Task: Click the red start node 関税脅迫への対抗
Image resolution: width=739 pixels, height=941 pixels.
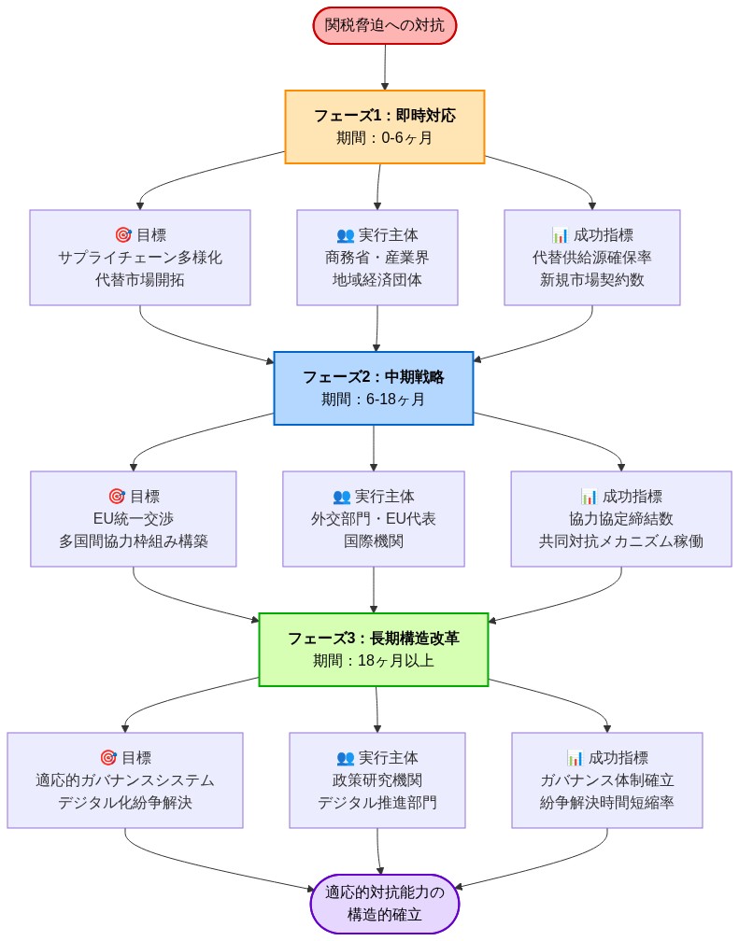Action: pos(384,25)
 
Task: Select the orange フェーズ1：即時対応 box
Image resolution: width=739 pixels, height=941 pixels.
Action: pos(384,127)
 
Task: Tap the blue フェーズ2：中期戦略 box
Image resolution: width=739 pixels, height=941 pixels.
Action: pos(373,388)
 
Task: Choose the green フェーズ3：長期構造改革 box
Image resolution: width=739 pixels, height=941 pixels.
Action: pos(373,650)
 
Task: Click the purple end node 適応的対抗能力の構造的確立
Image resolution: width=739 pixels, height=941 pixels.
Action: pos(384,904)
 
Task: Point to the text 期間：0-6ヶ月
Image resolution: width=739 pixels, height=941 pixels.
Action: pos(384,138)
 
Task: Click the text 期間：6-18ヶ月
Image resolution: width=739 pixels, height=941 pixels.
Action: pos(373,400)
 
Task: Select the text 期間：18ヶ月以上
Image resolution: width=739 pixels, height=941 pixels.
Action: pos(373,661)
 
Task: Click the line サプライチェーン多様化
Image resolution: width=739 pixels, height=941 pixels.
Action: pos(140,258)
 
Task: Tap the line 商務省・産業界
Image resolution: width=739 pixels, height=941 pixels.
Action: pos(377,258)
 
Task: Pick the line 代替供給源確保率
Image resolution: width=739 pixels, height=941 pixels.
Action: pos(592,258)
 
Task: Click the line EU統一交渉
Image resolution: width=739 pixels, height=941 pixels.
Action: pos(134,519)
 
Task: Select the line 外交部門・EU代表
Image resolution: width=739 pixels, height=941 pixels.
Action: pos(374,519)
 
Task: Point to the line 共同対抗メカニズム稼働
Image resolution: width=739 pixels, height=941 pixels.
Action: pos(621,541)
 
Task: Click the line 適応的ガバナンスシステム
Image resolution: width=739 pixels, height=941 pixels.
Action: pos(125,780)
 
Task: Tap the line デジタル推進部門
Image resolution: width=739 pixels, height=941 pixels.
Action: pos(377,803)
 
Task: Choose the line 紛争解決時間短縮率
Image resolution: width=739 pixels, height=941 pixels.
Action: pos(607,803)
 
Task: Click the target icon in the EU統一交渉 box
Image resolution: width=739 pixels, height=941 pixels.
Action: pos(117,497)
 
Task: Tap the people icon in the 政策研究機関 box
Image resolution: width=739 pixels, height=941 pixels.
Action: pos(345,758)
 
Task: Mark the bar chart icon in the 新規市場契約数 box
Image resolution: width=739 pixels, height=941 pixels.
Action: pos(561,235)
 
